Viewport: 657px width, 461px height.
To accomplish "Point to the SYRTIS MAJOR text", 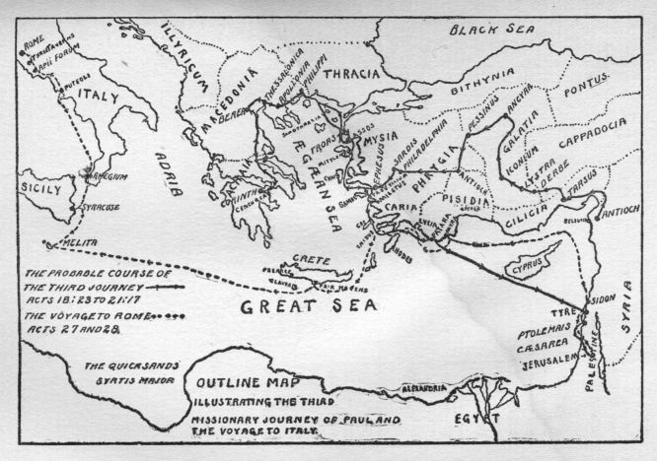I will [119, 379].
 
